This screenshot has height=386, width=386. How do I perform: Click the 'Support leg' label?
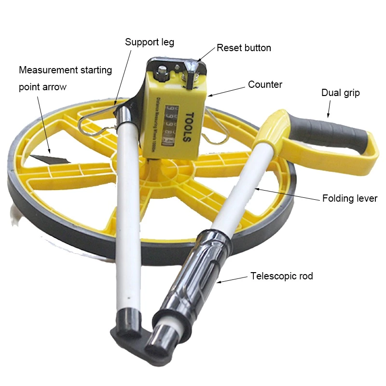pyautogui.click(x=150, y=42)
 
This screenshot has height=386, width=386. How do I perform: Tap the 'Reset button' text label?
pyautogui.click(x=244, y=48)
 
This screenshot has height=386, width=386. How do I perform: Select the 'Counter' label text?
pyautogui.click(x=265, y=84)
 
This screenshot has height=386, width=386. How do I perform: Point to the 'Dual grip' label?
pyautogui.click(x=341, y=93)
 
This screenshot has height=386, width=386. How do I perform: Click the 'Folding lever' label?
pyautogui.click(x=350, y=198)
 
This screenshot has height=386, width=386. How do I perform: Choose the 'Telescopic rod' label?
pyautogui.click(x=282, y=276)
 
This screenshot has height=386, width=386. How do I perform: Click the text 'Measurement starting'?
pyautogui.click(x=65, y=70)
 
